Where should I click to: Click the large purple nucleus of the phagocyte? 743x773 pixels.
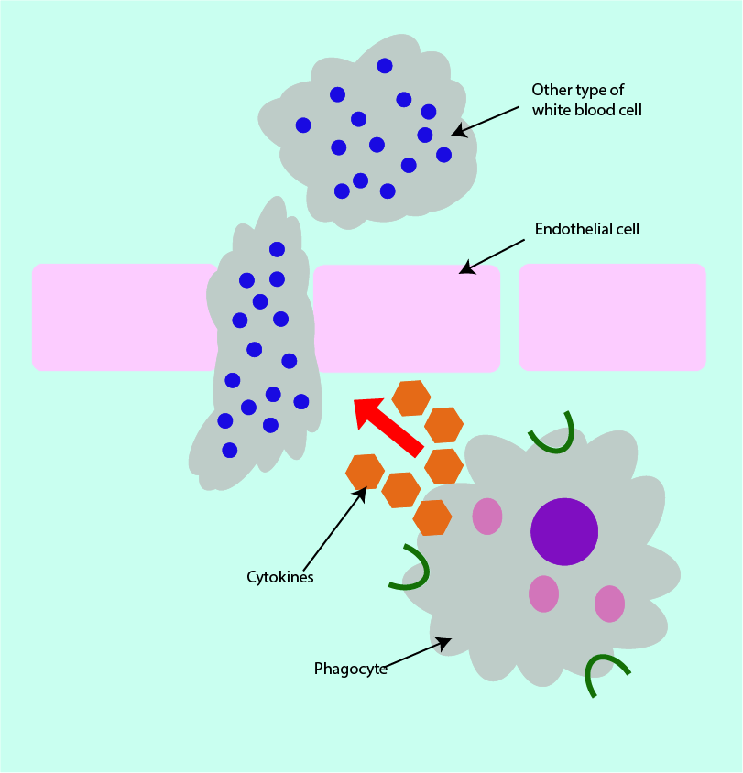pyautogui.click(x=564, y=532)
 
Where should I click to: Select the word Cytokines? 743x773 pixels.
pyautogui.click(x=280, y=577)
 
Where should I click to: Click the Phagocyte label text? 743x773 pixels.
pyautogui.click(x=350, y=668)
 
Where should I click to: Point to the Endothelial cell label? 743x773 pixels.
pyautogui.click(x=586, y=229)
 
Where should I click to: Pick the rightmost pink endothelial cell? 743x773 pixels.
pyautogui.click(x=612, y=317)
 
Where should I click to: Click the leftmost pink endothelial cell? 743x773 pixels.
pyautogui.click(x=119, y=317)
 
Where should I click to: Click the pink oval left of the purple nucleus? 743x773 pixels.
pyautogui.click(x=487, y=516)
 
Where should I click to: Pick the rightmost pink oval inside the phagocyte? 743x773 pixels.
pyautogui.click(x=609, y=604)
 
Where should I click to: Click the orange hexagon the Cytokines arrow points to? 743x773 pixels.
pyautogui.click(x=365, y=472)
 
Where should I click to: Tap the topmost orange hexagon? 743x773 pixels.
pyautogui.click(x=411, y=397)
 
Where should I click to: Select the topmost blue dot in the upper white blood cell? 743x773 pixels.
pyautogui.click(x=385, y=65)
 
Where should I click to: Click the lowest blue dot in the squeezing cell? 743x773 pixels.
pyautogui.click(x=229, y=450)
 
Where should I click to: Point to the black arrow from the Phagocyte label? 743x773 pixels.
pyautogui.click(x=417, y=653)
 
